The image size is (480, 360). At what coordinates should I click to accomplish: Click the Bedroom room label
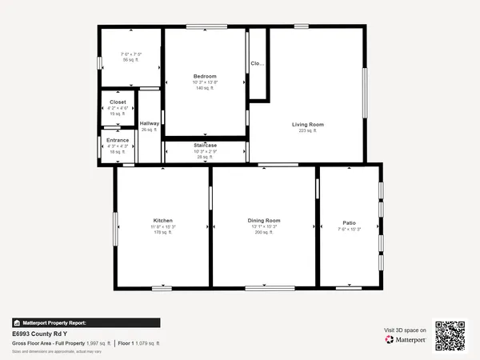(205, 76)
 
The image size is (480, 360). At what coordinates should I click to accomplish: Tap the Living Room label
(307, 124)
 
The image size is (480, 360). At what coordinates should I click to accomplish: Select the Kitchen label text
(163, 220)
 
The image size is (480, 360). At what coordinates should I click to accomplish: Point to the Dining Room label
(264, 220)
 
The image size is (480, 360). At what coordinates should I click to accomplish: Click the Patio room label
(350, 222)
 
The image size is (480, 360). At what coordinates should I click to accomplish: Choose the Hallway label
(150, 123)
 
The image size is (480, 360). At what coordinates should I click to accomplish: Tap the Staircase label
(205, 145)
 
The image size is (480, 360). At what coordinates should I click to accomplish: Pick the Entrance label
(118, 140)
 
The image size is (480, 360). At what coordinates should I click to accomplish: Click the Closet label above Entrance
(118, 102)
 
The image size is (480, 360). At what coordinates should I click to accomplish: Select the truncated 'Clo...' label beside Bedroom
(257, 63)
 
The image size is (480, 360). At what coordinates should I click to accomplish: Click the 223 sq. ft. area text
(307, 130)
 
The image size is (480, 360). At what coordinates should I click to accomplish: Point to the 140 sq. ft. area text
(205, 88)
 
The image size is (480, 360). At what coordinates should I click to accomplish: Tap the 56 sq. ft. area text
(130, 60)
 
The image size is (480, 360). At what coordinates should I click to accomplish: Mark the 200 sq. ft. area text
(264, 233)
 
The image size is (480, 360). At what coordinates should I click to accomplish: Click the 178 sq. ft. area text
(163, 233)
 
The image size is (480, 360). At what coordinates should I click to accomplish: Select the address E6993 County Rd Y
(38, 334)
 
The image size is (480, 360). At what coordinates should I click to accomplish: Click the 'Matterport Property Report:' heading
(53, 322)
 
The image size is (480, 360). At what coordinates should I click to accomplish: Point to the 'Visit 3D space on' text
(406, 329)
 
